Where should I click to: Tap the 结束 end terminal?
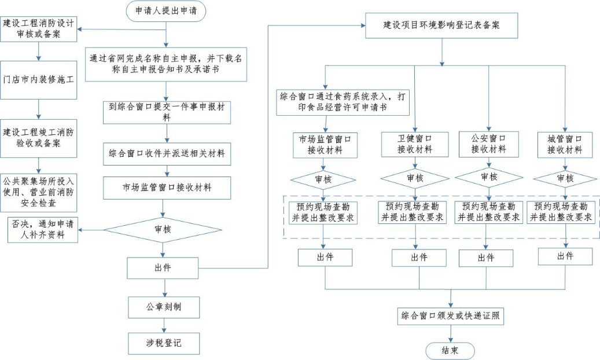click(450, 351)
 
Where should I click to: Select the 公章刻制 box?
click(164, 306)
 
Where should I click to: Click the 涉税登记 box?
click(164, 343)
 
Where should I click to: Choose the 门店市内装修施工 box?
click(39, 80)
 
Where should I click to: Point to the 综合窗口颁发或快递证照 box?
click(451, 316)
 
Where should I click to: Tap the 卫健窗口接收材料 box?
click(414, 144)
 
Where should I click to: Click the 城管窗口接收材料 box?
click(564, 144)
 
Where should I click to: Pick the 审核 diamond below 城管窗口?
click(564, 178)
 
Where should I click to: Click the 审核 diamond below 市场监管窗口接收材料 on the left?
click(164, 229)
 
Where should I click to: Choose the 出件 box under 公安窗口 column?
click(485, 258)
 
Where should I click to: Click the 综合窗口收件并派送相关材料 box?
click(167, 155)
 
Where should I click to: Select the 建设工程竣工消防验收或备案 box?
click(39, 137)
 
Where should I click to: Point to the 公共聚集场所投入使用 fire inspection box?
click(39, 192)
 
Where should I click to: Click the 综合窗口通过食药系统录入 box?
click(342, 102)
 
